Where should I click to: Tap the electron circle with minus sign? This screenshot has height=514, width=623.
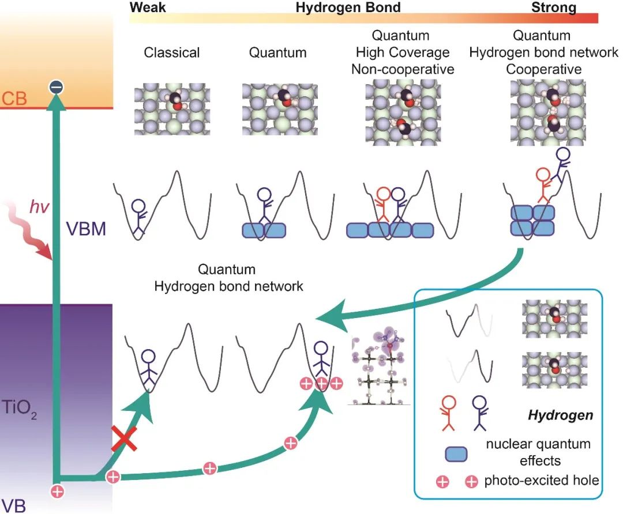click(x=56, y=88)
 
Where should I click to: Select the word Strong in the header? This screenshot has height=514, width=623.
click(x=553, y=7)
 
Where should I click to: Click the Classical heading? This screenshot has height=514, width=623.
click(x=172, y=52)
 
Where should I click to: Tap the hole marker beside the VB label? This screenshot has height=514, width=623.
click(x=57, y=491)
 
